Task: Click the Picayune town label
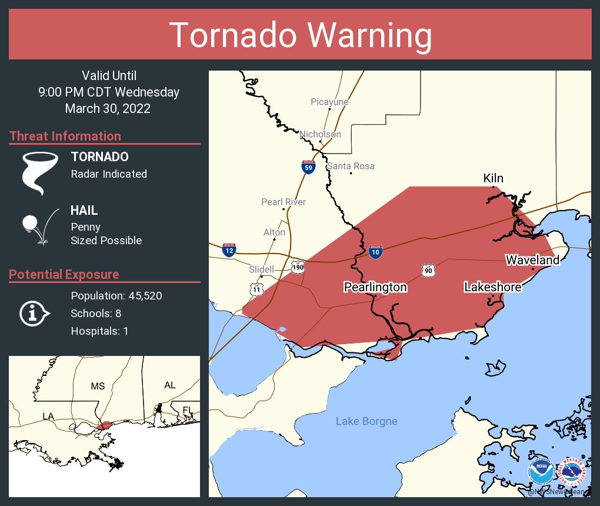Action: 329,102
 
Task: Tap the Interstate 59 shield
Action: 308,167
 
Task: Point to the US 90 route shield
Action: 428,270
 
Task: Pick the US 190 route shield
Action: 298,268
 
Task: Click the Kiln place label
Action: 493,178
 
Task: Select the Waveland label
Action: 532,259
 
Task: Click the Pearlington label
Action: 375,287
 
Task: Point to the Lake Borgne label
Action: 366,421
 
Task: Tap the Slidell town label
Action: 262,269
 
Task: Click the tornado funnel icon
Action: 40,172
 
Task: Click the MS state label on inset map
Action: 98,386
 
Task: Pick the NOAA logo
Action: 541,471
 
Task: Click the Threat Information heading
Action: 65,136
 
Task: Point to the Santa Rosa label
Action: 351,166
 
